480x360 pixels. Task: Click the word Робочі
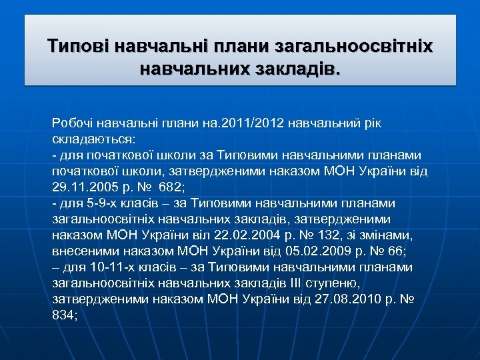coord(72,124)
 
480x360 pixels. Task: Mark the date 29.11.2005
coord(81,187)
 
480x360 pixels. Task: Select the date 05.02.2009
coord(315,251)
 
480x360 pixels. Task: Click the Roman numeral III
coord(301,283)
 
